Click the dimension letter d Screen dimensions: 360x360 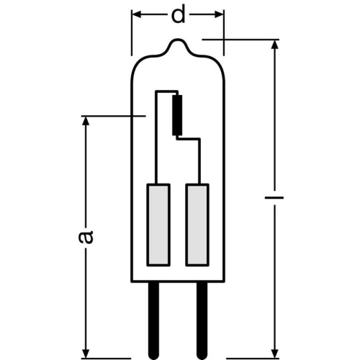pos(178,15)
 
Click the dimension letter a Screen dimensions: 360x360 pos(86,237)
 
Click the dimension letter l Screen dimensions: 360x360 pos(274,198)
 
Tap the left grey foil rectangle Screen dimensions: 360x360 pos(158,225)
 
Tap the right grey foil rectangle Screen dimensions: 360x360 pos(197,225)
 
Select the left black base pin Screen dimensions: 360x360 pos(153,320)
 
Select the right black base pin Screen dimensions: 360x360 pos(202,320)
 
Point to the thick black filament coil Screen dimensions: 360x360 pos(177,115)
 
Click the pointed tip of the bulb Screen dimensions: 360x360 pos(178,40)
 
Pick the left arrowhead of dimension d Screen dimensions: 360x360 pos(136,14)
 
